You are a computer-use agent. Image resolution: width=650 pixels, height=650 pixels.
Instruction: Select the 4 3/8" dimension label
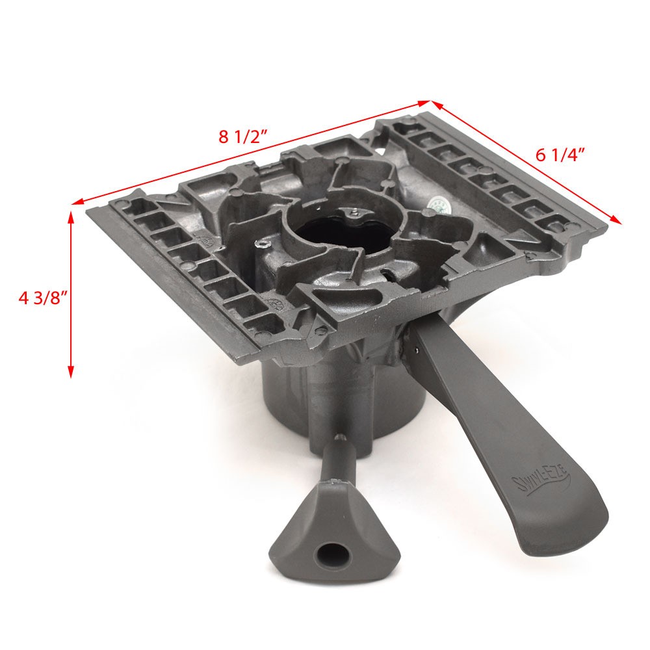(x=43, y=298)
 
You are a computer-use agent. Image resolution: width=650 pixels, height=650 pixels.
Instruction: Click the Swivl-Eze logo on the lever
(x=541, y=480)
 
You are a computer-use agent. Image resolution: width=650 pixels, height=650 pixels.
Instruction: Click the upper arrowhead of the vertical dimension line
(x=71, y=216)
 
